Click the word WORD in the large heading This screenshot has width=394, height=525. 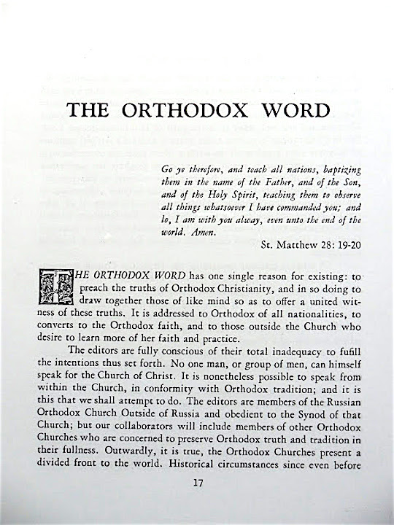point(290,112)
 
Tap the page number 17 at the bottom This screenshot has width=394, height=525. point(196,502)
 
